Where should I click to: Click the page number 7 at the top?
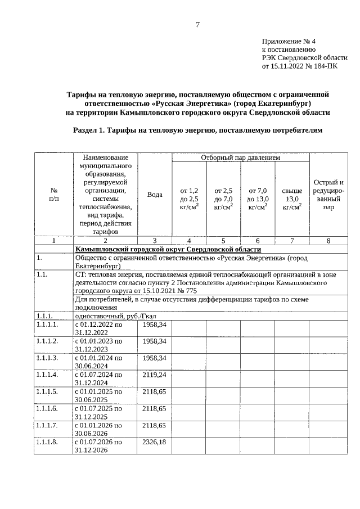[197, 24]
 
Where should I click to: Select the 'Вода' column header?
[155, 195]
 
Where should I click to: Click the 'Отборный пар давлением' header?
[240, 158]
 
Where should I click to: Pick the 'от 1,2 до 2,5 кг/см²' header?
[189, 199]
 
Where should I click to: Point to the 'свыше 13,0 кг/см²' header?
[291, 199]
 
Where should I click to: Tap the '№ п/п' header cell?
[54, 195]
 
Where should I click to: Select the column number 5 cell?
[223, 241]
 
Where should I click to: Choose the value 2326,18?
[155, 443]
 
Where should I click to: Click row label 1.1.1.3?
[47, 358]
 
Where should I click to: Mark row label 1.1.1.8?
[47, 443]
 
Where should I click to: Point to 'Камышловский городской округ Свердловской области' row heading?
[168, 249]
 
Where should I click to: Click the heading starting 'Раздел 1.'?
[198, 130]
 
